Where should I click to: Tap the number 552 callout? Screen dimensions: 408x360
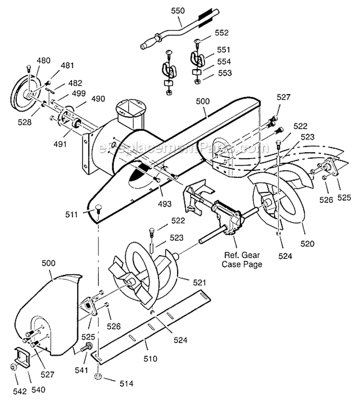[222, 33]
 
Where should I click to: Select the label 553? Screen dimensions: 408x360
[224, 73]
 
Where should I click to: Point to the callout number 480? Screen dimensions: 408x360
[43, 61]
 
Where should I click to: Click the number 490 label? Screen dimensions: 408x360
[97, 99]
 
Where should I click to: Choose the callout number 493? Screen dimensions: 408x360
[164, 204]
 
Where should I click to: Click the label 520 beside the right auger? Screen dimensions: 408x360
[307, 244]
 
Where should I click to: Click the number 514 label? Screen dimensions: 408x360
[126, 383]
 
